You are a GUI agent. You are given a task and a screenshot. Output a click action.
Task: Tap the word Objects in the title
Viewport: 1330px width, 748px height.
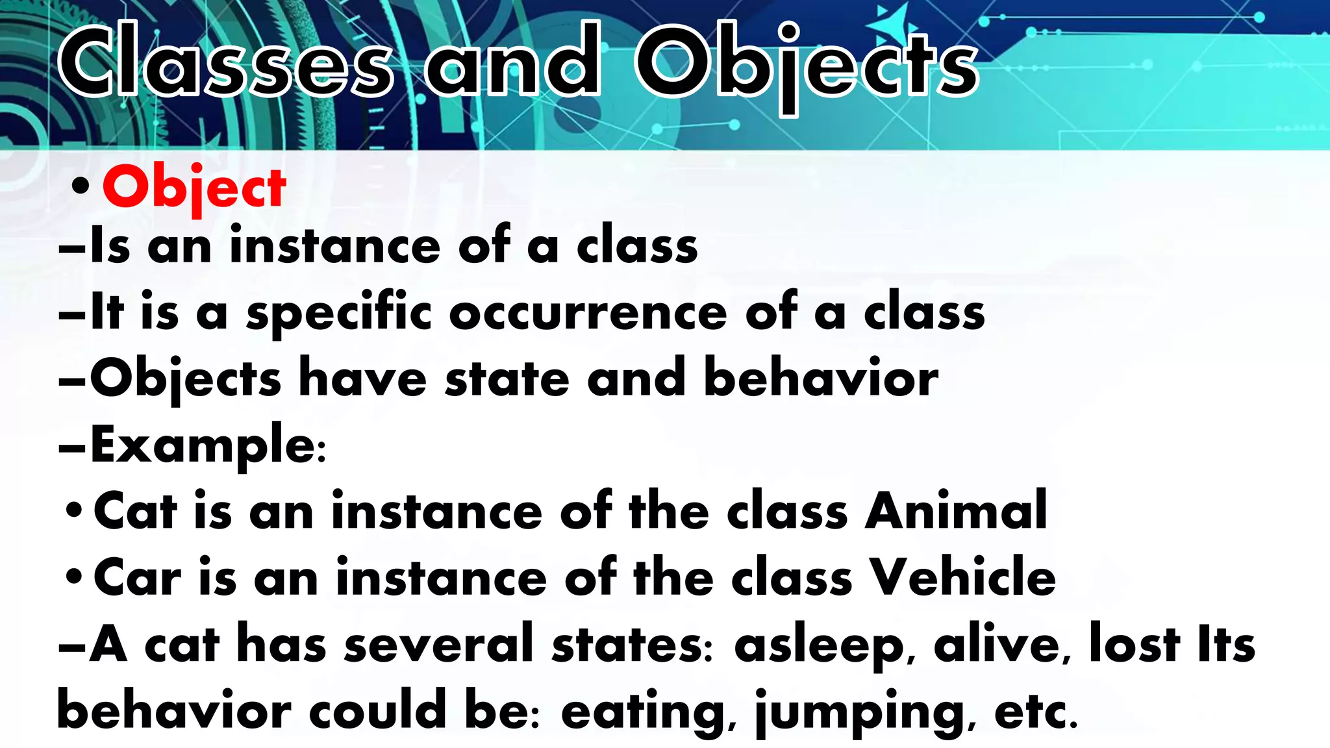(x=806, y=65)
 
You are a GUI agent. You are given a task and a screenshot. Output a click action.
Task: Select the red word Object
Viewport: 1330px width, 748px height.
(x=194, y=188)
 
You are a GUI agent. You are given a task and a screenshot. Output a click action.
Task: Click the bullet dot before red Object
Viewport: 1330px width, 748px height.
(x=81, y=188)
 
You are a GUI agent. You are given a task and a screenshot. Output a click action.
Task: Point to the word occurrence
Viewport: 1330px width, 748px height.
(x=588, y=313)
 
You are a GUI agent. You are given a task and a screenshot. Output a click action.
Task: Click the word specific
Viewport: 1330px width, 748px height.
(x=339, y=314)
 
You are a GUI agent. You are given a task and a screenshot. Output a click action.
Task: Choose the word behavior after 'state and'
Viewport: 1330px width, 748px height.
(x=821, y=378)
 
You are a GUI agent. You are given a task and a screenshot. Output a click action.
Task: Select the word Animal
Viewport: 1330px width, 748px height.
(x=955, y=511)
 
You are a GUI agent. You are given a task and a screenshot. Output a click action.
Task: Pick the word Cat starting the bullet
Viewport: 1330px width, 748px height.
(x=135, y=511)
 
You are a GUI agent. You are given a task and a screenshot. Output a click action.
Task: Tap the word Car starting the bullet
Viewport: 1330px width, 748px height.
(x=137, y=577)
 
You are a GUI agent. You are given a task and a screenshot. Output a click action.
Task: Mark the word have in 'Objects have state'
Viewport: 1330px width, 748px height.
(x=362, y=378)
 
